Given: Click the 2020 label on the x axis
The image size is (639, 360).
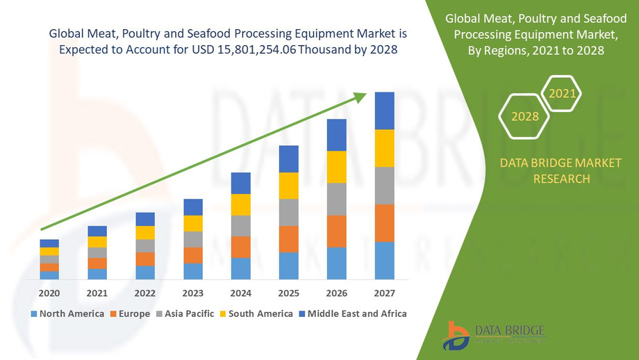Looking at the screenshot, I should click(x=49, y=293).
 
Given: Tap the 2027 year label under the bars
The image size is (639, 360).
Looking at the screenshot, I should click(x=384, y=293).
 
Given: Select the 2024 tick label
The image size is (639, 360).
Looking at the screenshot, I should click(x=240, y=293).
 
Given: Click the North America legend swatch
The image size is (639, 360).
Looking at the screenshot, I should click(x=33, y=313).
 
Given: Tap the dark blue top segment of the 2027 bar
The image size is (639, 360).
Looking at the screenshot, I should click(x=384, y=111).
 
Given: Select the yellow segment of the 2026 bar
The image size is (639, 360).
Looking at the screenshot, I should click(x=336, y=167).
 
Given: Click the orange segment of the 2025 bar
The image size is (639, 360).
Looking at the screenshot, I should click(x=288, y=239).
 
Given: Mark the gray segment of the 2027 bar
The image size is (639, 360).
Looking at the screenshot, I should click(x=384, y=186).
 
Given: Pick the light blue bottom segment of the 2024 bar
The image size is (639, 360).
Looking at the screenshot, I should click(x=240, y=268).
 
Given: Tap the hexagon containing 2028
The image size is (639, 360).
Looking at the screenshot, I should click(x=525, y=116).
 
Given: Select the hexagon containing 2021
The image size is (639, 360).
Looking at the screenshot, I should click(x=561, y=93).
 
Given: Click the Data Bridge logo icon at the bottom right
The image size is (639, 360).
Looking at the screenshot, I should click(x=458, y=336).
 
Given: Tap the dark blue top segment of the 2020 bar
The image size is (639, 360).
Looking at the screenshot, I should click(x=49, y=243).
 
